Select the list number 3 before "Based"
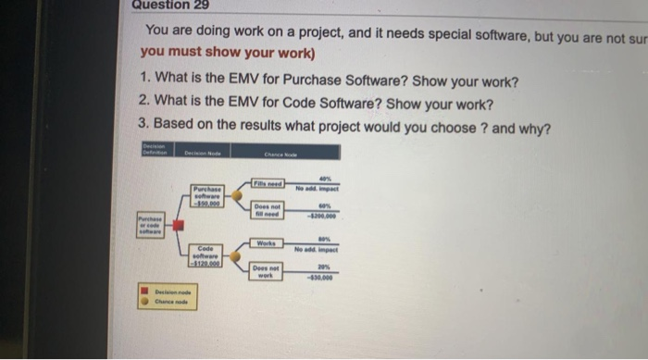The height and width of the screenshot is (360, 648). [x=142, y=125]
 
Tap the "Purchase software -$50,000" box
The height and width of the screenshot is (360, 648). [x=206, y=196]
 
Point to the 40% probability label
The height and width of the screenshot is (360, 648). [x=324, y=179]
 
